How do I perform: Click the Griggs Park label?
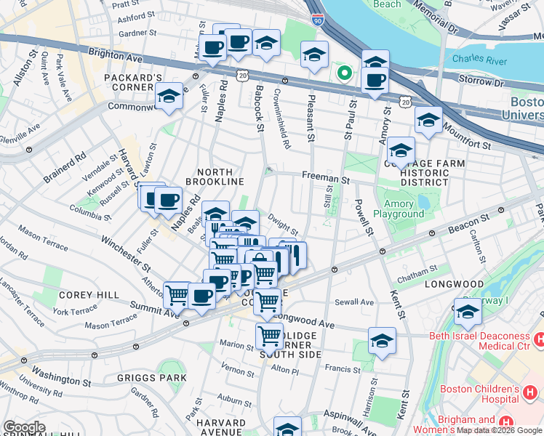152,379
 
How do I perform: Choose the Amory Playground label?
399,209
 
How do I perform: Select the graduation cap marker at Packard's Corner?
169,97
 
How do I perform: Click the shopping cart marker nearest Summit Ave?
177,295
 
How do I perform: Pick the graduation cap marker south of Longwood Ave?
382,341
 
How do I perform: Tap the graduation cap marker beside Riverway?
468,311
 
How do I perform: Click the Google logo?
24,427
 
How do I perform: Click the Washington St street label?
61,378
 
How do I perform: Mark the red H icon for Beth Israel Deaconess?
539,339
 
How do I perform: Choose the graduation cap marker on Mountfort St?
428,120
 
